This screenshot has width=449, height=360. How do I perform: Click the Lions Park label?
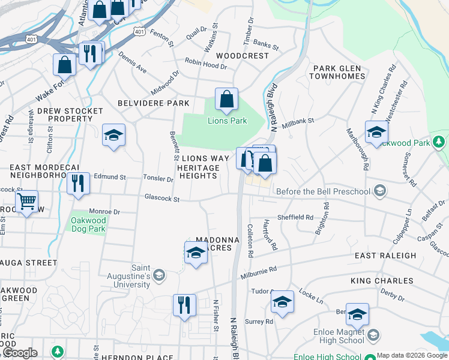pyautogui.click(x=227, y=121)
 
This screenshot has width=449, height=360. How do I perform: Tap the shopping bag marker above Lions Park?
pyautogui.click(x=226, y=99)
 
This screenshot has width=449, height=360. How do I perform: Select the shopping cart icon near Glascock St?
pyautogui.click(x=26, y=202)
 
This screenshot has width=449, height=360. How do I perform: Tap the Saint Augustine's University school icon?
pyautogui.click(x=158, y=275)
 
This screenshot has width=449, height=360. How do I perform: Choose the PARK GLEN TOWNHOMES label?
pyautogui.click(x=337, y=72)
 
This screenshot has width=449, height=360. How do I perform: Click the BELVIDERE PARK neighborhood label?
pyautogui.click(x=154, y=103)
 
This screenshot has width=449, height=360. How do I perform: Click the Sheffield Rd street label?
pyautogui.click(x=295, y=217)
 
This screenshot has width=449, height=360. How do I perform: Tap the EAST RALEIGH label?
pyautogui.click(x=385, y=255)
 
